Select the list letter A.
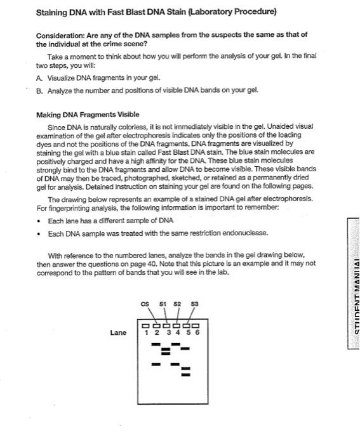pyautogui.click(x=39, y=78)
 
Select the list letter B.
pyautogui.click(x=39, y=90)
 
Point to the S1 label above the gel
pyautogui.click(x=164, y=305)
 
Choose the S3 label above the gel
pyautogui.click(x=195, y=305)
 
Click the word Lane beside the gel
pyautogui.click(x=118, y=332)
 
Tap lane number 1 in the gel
pyautogui.click(x=147, y=332)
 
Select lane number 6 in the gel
pyautogui.click(x=197, y=332)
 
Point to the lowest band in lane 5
pyautogui.click(x=185, y=374)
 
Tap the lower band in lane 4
pyautogui.click(x=175, y=364)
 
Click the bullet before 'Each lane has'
pyautogui.click(x=40, y=221)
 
